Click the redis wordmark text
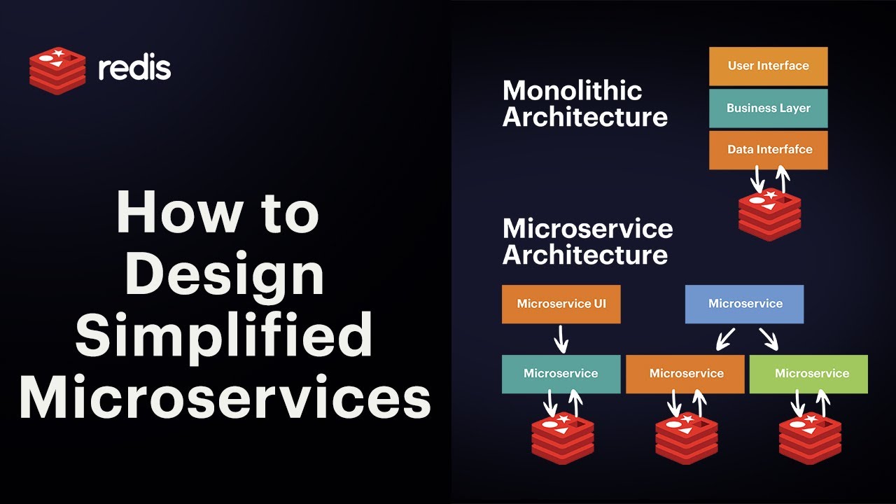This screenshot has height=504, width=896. [134, 69]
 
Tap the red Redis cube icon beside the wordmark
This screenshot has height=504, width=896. [57, 70]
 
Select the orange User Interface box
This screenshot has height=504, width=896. [768, 66]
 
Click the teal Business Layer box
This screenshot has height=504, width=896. [768, 108]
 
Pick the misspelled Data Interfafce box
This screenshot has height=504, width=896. [768, 150]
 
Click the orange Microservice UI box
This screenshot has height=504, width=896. [561, 304]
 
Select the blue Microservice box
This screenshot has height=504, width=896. [744, 304]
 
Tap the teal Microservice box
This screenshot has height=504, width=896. [561, 373]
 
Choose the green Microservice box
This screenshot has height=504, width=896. [808, 373]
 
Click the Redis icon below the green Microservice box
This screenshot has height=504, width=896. [810, 438]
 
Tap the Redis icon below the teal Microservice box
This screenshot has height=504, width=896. [562, 438]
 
